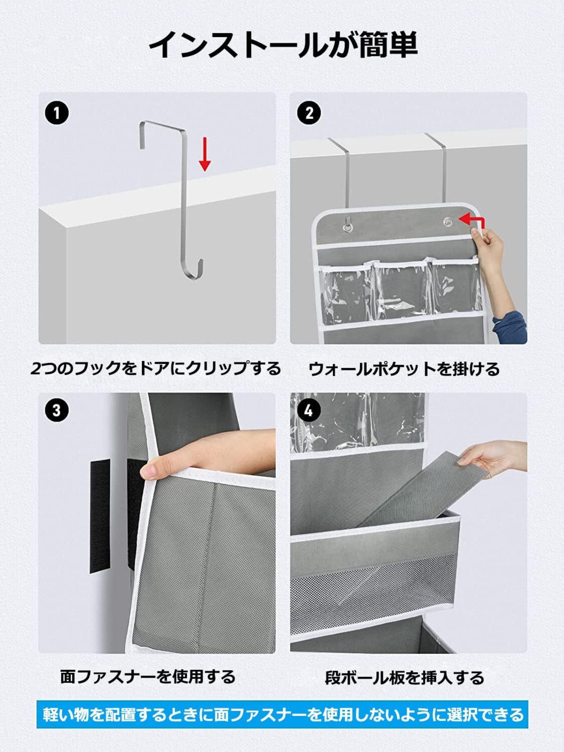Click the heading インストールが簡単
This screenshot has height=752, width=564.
[x=283, y=44]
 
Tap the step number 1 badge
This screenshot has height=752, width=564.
[x=57, y=113]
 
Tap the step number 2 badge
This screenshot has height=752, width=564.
[x=309, y=113]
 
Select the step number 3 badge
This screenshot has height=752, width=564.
[x=57, y=410]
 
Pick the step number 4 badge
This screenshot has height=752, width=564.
[x=309, y=410]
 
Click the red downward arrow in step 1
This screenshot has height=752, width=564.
[x=204, y=154]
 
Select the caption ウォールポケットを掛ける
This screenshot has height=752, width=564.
[x=404, y=369]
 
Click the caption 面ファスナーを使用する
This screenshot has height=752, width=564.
[x=148, y=677]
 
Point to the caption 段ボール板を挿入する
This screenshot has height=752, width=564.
[x=404, y=678]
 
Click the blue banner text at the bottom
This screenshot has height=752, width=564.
[x=282, y=714]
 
